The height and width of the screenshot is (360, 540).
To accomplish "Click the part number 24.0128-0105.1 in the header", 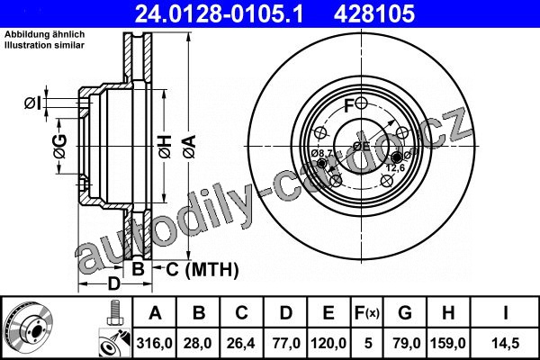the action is (x=219, y=13).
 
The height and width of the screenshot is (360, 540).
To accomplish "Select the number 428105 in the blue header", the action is (x=374, y=13).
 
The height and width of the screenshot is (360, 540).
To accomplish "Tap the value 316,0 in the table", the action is (x=154, y=344).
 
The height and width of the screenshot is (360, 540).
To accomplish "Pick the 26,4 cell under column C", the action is (x=241, y=344).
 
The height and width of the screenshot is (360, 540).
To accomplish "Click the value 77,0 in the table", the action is (x=286, y=344).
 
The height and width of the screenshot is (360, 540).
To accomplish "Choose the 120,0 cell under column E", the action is (x=328, y=344).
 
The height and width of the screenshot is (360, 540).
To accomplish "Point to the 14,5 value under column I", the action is (x=505, y=344).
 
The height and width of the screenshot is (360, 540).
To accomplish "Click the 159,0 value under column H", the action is (x=448, y=344).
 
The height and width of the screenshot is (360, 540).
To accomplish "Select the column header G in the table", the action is (x=405, y=313).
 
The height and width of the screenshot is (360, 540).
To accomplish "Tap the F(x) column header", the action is (x=367, y=313).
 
